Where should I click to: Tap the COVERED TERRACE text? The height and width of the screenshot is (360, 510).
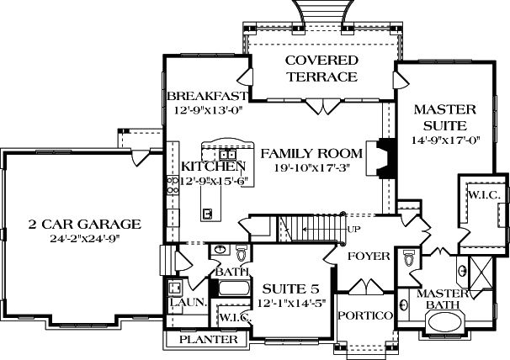tap(321, 68)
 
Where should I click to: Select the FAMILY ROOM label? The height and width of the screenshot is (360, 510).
tap(311, 153)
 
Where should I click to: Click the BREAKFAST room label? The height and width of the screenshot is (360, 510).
tap(206, 95)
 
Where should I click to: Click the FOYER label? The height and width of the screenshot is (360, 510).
tap(369, 255)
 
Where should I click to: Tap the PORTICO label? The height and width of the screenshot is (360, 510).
tap(365, 315)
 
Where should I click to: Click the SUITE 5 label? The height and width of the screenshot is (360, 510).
tap(288, 290)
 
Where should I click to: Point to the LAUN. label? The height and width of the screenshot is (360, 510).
tap(183, 302)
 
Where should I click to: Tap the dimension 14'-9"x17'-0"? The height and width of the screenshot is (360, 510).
tap(445, 140)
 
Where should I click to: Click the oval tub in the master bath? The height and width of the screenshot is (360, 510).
tap(453, 324)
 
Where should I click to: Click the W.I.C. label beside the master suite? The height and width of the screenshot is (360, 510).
tap(483, 195)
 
